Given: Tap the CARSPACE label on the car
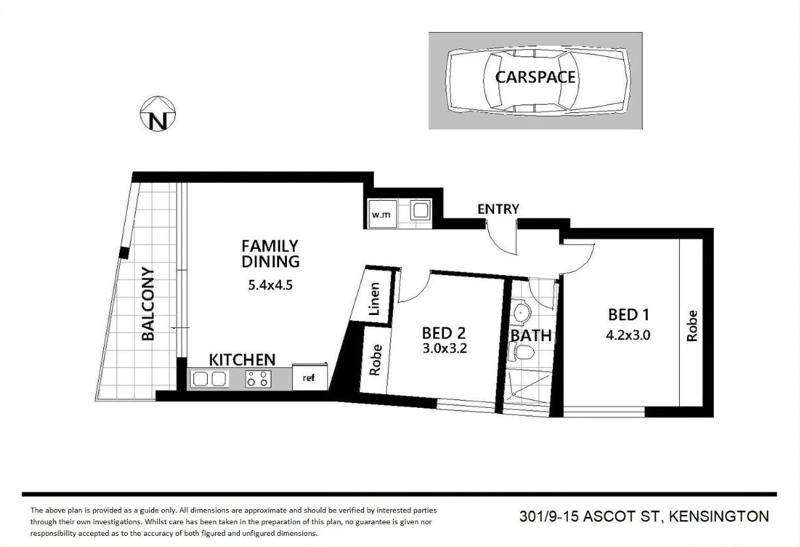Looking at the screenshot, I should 535,77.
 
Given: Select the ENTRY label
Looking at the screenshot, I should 498,209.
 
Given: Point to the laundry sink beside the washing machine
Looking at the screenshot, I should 418,210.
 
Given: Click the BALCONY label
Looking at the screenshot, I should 148,304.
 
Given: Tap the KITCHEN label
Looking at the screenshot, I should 242,359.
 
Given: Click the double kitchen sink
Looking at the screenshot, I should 209,379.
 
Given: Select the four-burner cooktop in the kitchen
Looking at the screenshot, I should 258,379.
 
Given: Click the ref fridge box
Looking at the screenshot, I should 308,378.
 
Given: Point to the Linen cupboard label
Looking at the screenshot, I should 374,299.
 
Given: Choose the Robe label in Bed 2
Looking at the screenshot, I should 375,360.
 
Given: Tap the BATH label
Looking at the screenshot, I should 531,335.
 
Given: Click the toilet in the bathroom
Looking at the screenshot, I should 522,354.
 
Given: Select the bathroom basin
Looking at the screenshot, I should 522,312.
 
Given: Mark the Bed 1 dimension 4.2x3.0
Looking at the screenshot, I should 628,336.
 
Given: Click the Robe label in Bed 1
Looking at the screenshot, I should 692,325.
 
